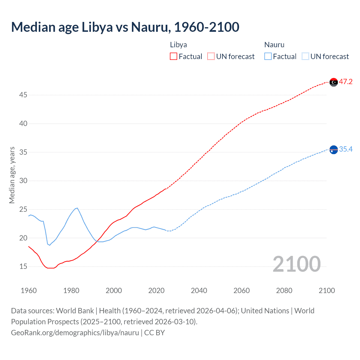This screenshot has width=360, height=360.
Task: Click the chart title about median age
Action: coord(125,27)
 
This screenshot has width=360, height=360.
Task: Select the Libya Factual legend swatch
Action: coord(174,57)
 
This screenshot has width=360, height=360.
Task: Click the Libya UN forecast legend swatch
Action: coord(211,57)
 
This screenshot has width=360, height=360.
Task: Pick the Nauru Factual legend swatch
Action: coord(268,57)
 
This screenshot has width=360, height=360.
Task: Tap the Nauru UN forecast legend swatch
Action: coord(305,57)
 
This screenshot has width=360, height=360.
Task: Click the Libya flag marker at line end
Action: coord(334,82)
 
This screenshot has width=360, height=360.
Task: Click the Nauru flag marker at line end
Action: coord(334,150)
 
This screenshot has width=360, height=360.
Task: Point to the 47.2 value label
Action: coord(346,82)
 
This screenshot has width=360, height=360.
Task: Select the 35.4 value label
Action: coord(346,149)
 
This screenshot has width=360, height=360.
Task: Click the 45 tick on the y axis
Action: coord(23,95)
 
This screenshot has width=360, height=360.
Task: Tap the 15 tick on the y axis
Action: coord(23,266)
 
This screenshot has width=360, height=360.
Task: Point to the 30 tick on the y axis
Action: coord(23,181)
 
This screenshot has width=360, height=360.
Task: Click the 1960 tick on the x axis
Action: coord(29,291)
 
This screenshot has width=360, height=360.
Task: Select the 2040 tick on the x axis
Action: coord(199,291)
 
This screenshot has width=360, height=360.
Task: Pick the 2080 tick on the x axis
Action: coord(284,291)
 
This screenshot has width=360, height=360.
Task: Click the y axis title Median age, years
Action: coord(12,175)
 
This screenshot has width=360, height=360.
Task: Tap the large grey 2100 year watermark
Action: coord(296,264)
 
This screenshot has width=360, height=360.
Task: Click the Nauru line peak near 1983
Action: coord(77,208)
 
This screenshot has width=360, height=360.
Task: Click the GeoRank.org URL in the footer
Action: coord(75,333)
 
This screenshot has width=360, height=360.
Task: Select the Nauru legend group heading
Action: coord(274,45)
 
